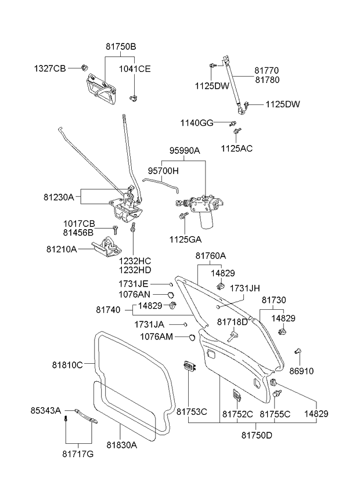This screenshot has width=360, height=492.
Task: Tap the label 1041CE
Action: tap(135, 68)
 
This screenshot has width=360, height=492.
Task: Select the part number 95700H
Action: tap(163, 172)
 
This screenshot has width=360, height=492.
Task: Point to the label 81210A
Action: tap(62, 249)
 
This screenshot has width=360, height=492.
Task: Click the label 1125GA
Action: tap(186, 238)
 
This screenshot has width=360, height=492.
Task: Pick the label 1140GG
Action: tap(197, 123)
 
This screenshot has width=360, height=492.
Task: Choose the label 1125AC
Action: tap(236, 149)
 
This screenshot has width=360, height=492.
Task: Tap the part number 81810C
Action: tap(68, 365)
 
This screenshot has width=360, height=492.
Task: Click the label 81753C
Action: tap(191, 413)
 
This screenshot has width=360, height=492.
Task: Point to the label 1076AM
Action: tap(157, 337)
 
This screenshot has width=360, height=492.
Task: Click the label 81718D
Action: tap(232, 321)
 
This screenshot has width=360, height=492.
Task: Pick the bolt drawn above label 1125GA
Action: tap(183, 216)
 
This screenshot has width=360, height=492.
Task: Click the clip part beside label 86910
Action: tap(298, 350)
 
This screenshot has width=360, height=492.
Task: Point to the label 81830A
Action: tap(121, 446)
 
